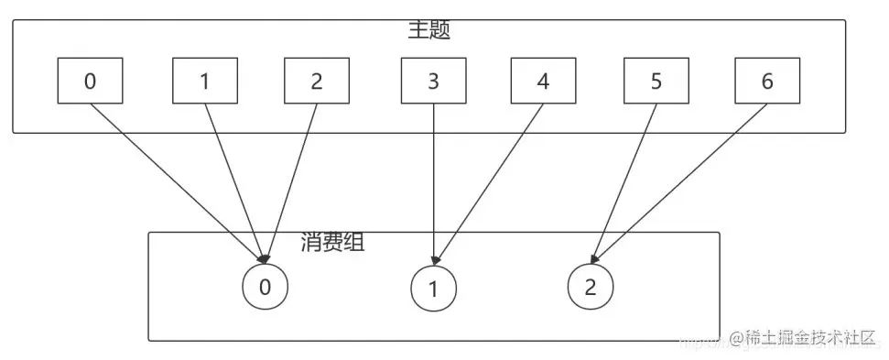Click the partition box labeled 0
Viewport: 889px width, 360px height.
pyautogui.click(x=90, y=81)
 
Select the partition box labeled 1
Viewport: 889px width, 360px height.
pyautogui.click(x=204, y=81)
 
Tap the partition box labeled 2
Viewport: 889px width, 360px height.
pyautogui.click(x=316, y=81)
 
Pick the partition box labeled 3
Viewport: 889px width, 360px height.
pyautogui.click(x=433, y=81)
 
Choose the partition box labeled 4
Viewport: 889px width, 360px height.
pyautogui.click(x=543, y=81)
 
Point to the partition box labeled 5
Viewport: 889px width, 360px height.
pyautogui.click(x=656, y=81)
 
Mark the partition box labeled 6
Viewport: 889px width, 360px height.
pyautogui.click(x=766, y=81)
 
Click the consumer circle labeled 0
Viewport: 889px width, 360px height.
pyautogui.click(x=265, y=287)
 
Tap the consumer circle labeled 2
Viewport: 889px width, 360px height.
pyautogui.click(x=590, y=287)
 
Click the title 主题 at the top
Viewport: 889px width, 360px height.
pyautogui.click(x=428, y=28)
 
